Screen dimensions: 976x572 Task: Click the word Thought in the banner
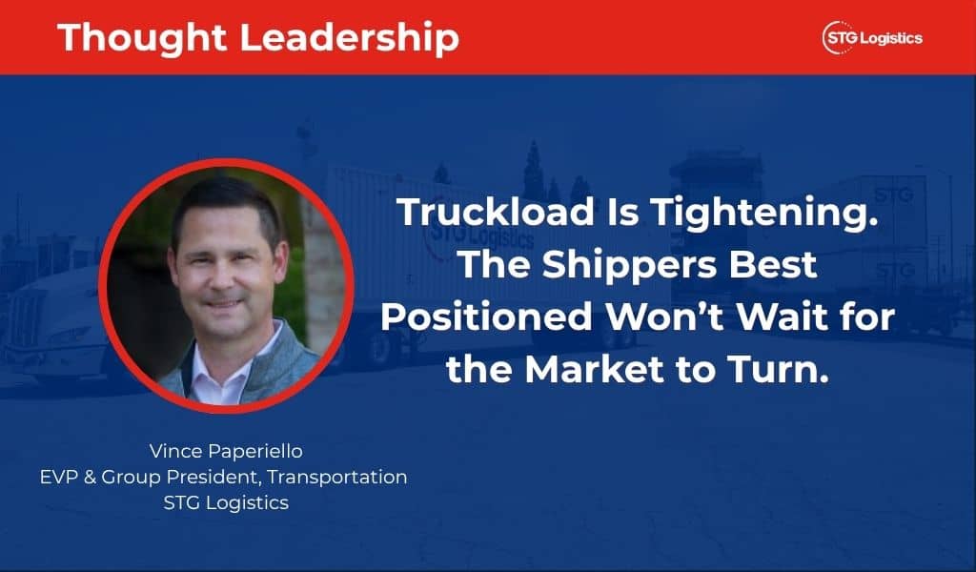click(x=142, y=38)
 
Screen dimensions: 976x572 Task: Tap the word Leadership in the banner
click(x=349, y=38)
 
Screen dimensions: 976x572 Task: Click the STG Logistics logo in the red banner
click(x=871, y=38)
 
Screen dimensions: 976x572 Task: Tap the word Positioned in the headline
click(x=486, y=317)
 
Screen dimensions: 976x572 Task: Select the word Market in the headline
click(x=595, y=369)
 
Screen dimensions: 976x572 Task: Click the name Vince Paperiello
click(x=226, y=451)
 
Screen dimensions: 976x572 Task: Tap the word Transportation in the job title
click(x=337, y=477)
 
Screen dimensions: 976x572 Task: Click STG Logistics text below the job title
click(x=226, y=502)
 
